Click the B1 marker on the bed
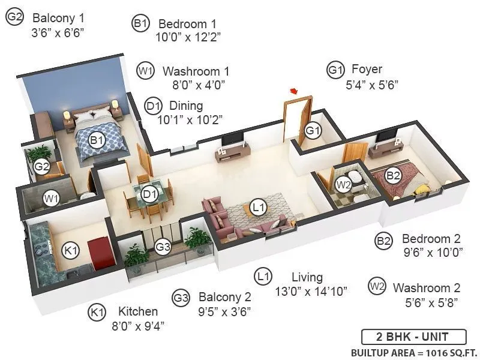(x=97, y=140)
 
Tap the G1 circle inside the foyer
(x=313, y=130)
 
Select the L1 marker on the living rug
(x=259, y=208)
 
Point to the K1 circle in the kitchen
(x=71, y=250)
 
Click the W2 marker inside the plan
(x=343, y=184)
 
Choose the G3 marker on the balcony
(x=163, y=246)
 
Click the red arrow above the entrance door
(x=294, y=91)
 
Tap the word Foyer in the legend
(x=367, y=70)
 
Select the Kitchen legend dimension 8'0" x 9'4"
(x=138, y=326)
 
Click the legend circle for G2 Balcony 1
(x=14, y=18)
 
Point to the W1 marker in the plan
(x=51, y=197)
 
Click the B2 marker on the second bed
(x=393, y=175)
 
